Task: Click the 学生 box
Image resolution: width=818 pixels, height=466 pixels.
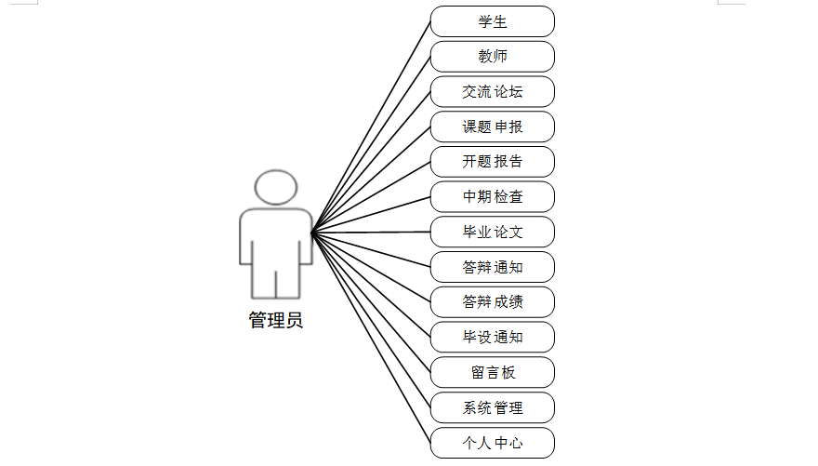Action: point(493,21)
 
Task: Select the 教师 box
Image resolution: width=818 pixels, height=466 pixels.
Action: point(493,57)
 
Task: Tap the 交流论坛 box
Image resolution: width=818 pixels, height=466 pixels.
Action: point(493,91)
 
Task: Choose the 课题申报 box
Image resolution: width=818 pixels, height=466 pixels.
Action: point(493,126)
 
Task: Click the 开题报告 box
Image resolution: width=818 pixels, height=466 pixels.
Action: point(493,161)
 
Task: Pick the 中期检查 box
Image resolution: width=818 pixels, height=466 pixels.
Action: point(493,196)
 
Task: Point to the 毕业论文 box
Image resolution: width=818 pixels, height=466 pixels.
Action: point(493,232)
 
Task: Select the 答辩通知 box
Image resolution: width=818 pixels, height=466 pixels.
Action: point(493,267)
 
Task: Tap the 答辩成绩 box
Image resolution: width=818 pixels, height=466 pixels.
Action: point(493,301)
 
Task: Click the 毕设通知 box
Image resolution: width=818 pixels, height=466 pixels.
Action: point(493,337)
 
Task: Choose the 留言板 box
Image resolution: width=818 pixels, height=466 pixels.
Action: point(493,372)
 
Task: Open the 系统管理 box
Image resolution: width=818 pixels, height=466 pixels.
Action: point(493,407)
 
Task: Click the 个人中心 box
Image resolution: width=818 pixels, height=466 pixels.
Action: point(493,443)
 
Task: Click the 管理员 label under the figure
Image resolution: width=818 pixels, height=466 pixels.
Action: point(275,321)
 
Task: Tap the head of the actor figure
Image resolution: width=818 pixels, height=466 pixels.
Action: point(275,187)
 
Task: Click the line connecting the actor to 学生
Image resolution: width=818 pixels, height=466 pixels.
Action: point(372,125)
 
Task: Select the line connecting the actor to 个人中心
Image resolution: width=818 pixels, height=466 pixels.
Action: point(372,338)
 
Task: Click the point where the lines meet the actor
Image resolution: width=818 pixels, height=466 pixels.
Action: point(312,232)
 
